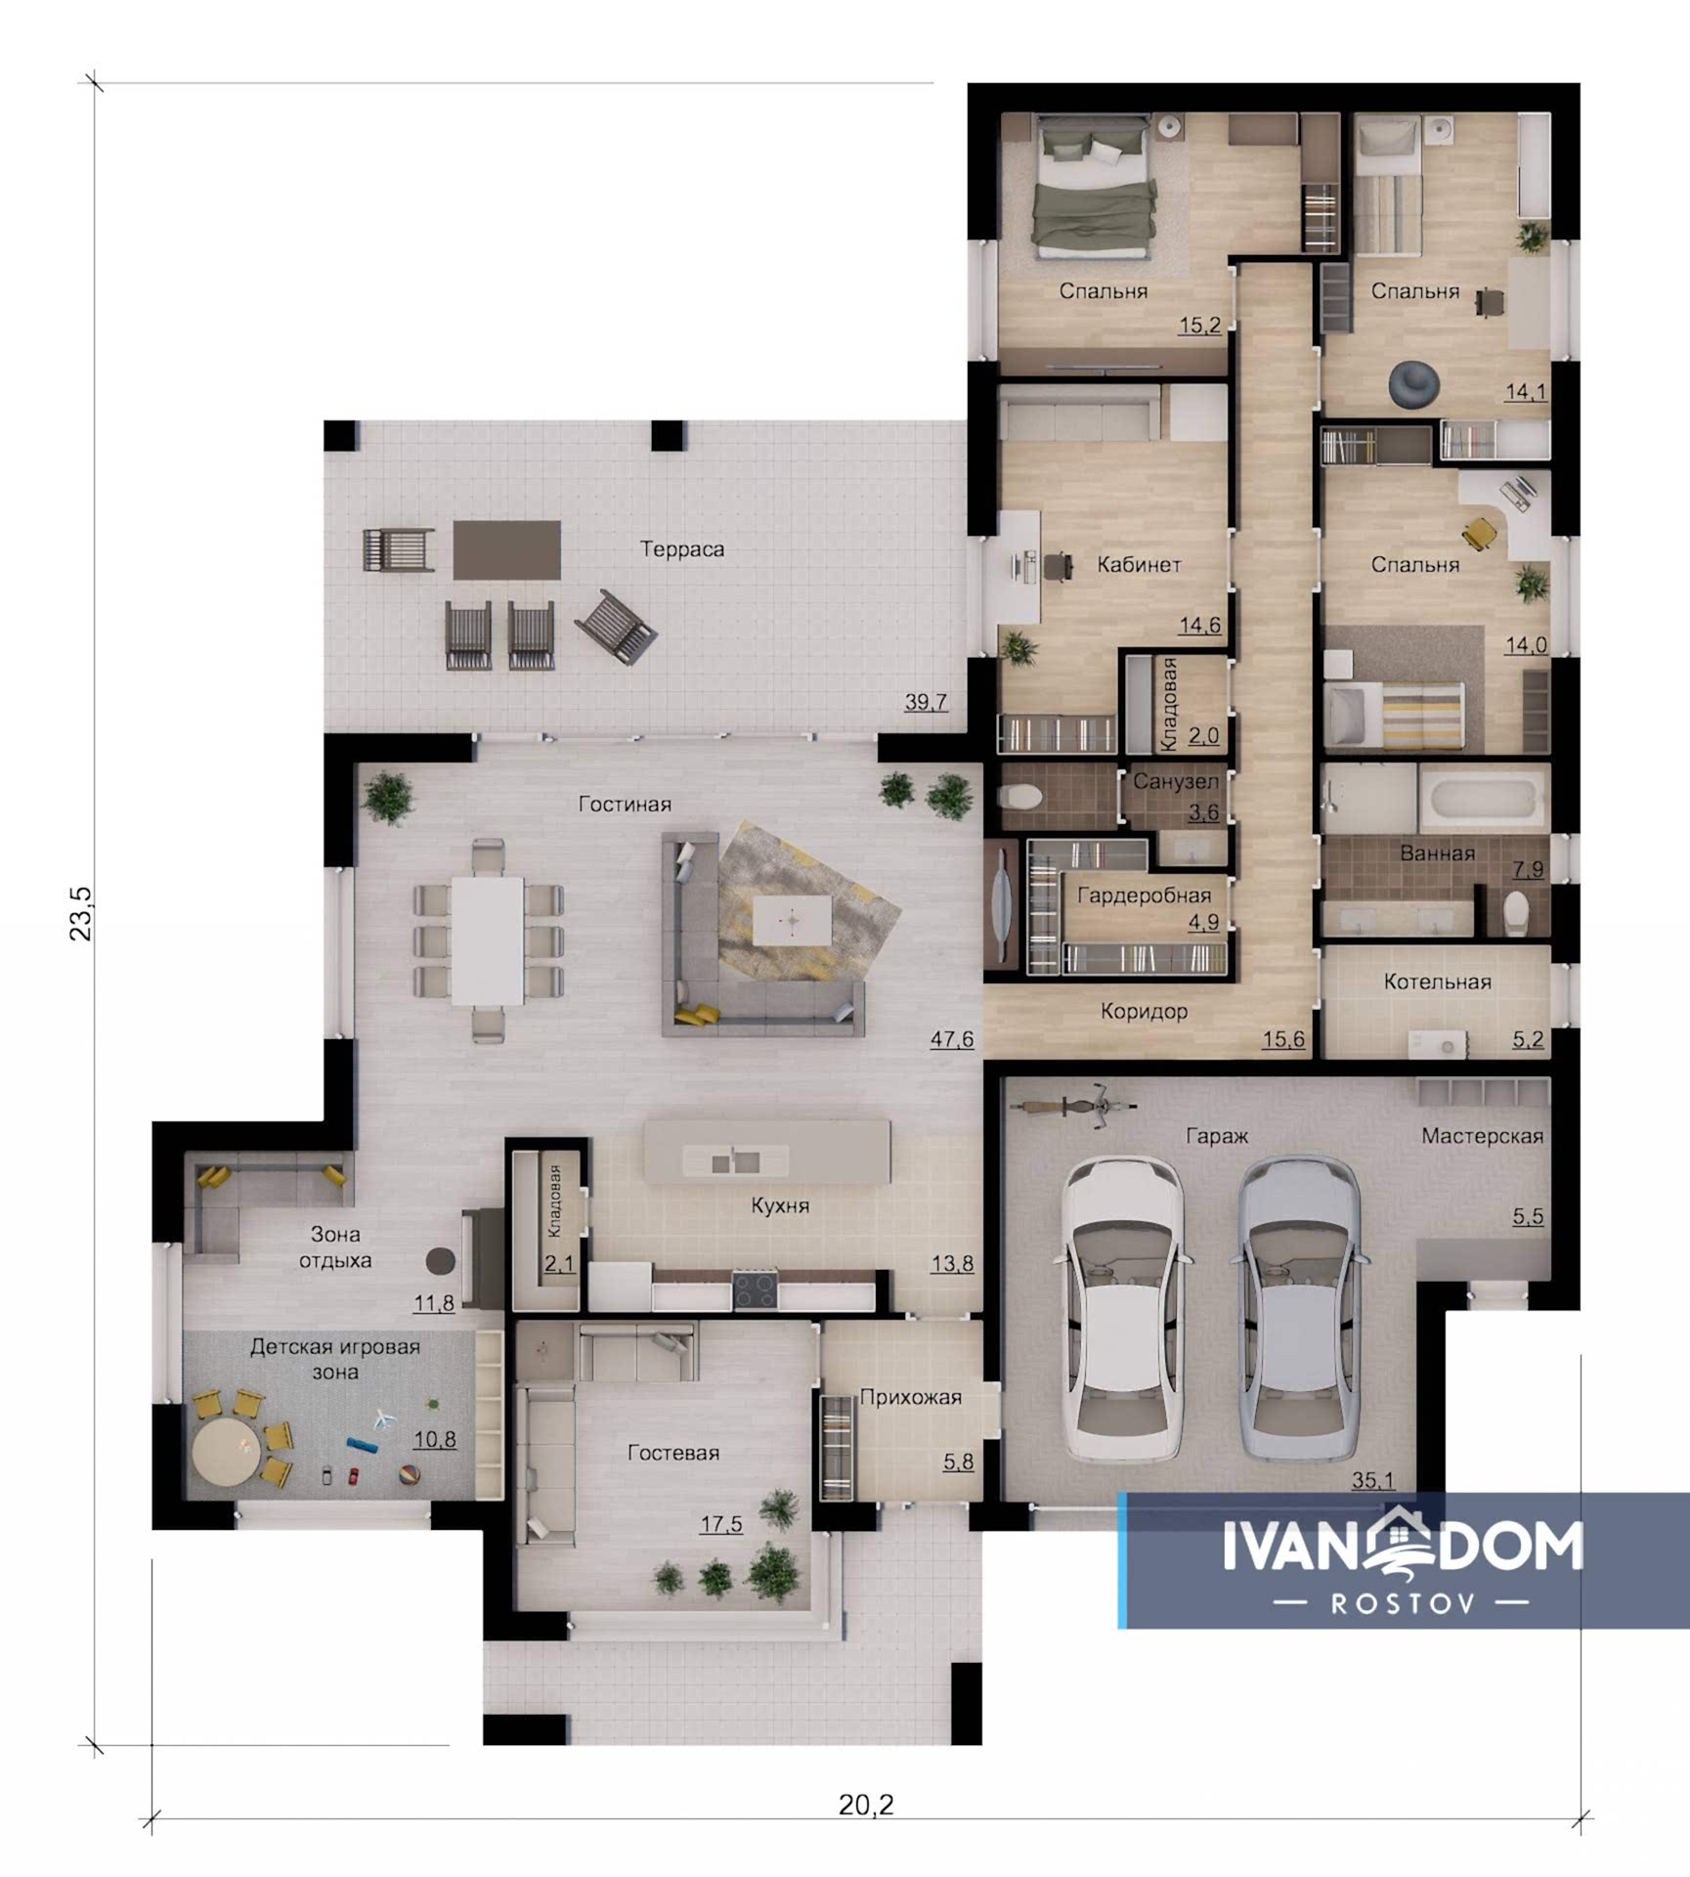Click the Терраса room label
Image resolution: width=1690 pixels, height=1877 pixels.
point(682,549)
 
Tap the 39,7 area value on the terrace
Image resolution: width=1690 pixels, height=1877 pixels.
point(926,702)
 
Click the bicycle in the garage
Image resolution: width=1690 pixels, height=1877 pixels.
point(1072,1105)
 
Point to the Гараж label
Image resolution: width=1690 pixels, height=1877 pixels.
point(1217,1136)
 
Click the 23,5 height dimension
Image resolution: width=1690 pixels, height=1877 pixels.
point(82,913)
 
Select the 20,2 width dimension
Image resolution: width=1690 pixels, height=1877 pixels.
point(866,1805)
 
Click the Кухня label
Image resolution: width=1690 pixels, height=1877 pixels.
point(780,1206)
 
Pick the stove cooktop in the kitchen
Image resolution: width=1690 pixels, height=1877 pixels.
point(756,1289)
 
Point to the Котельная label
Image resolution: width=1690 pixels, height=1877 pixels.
point(1437,982)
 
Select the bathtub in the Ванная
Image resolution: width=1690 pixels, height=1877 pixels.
point(1484,798)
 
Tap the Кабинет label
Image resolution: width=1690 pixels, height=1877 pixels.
point(1139,565)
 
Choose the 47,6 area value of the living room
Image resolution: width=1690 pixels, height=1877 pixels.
point(951,1039)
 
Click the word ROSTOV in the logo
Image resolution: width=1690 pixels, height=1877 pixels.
point(1402,1603)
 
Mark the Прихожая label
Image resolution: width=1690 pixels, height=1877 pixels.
point(910,1398)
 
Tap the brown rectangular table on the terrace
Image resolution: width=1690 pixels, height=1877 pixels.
point(506,549)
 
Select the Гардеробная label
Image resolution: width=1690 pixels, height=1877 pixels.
point(1144,895)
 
